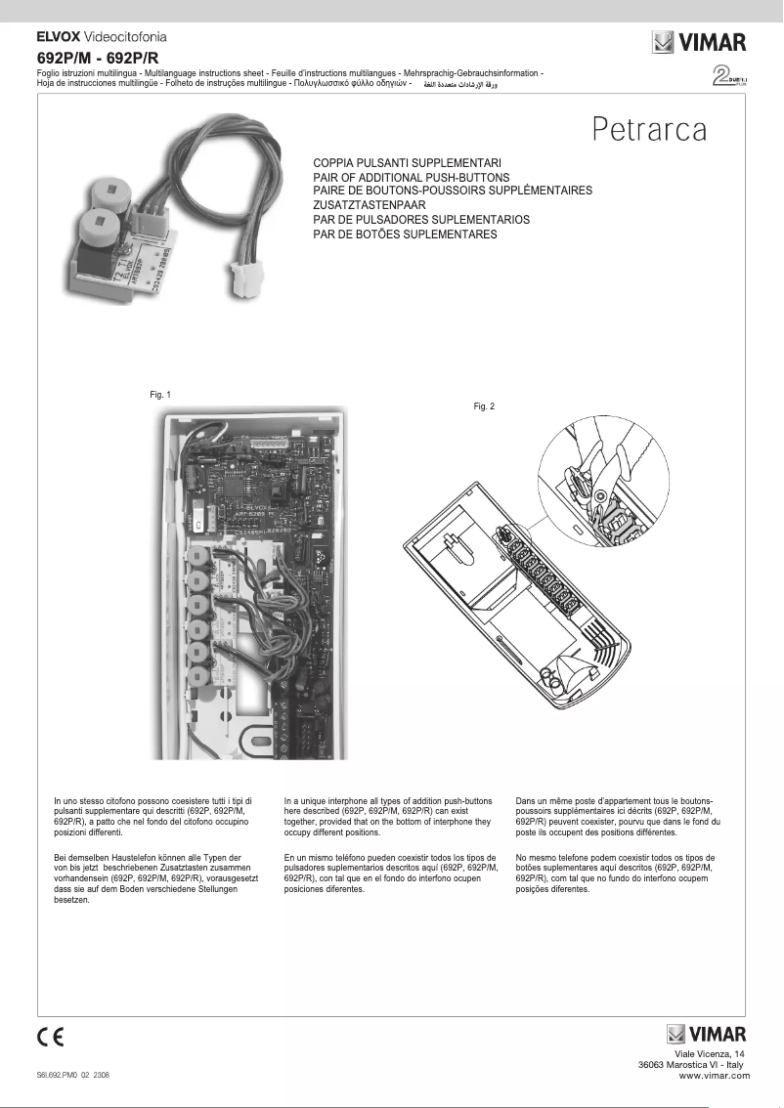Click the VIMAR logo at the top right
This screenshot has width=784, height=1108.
click(x=699, y=44)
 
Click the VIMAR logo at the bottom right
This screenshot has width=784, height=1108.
click(x=707, y=1034)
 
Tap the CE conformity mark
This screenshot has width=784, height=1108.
click(x=51, y=1036)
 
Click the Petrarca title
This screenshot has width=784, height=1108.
click(x=648, y=128)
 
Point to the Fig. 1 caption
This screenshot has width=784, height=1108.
click(x=159, y=395)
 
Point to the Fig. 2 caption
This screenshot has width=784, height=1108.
click(x=484, y=405)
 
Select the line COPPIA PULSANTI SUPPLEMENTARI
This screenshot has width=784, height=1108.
click(x=407, y=161)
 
